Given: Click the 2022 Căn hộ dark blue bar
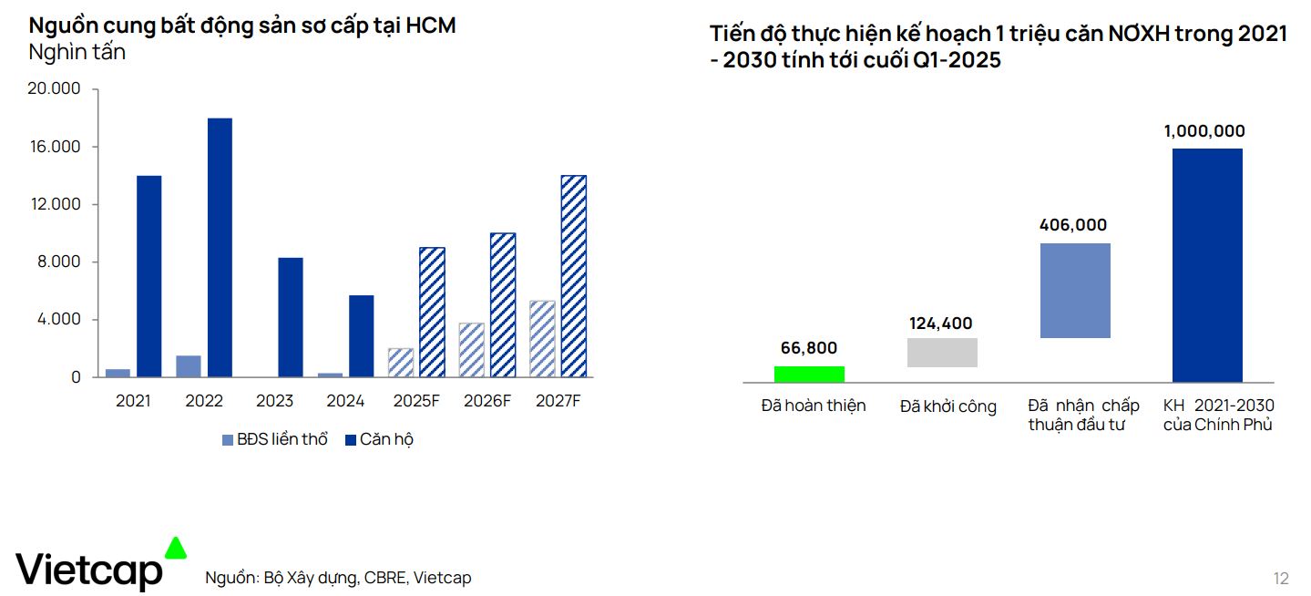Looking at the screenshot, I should [220, 247].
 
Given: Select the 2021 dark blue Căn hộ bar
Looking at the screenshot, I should [149, 276].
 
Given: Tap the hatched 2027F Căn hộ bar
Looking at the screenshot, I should [573, 276].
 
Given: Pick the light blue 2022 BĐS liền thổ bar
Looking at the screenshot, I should [189, 366].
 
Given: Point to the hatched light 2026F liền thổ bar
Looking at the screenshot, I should [471, 350].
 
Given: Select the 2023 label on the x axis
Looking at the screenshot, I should [274, 401].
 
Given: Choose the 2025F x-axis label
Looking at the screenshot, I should [415, 401].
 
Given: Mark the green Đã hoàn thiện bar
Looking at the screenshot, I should [809, 374].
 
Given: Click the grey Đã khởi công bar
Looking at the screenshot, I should [942, 353].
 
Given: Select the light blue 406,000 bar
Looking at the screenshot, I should [1075, 291].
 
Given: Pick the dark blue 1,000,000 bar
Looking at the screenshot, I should [1207, 264].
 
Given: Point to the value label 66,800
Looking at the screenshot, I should [809, 348].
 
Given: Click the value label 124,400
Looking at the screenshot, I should [941, 324].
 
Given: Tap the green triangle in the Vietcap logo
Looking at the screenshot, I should [175, 548].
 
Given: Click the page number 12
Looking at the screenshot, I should [1281, 579].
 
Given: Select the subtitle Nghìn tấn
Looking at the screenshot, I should [77, 53].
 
